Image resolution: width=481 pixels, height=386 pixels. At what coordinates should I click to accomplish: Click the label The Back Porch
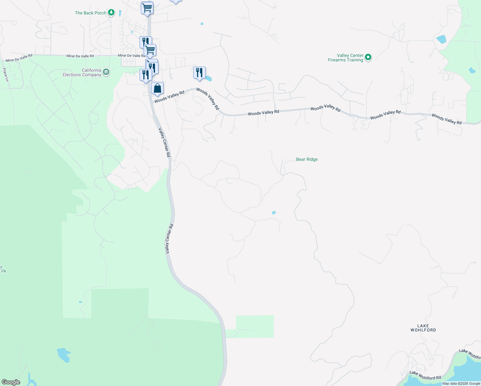click(x=90, y=13)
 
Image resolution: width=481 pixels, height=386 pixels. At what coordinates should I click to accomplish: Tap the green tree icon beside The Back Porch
click(x=111, y=13)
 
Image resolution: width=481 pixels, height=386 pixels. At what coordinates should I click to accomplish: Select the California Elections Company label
click(x=82, y=72)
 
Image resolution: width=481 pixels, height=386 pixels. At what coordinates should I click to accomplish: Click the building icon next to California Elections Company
click(x=106, y=72)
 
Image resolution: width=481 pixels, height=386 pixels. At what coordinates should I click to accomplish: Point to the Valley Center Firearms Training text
click(x=346, y=58)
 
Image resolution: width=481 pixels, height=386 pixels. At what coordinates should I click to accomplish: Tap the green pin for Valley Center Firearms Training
click(x=368, y=58)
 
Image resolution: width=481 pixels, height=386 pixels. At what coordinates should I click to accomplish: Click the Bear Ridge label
click(x=307, y=159)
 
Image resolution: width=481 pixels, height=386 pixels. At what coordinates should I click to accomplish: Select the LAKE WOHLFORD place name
click(x=423, y=328)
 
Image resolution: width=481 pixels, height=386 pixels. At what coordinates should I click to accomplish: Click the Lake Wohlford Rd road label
click(x=425, y=375)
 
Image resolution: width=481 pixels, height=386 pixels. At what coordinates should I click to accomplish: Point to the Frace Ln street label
click(x=5, y=75)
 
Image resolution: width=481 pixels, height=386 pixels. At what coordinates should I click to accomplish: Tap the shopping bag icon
click(x=157, y=88)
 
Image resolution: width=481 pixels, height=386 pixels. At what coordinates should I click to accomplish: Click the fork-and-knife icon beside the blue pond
click(x=199, y=72)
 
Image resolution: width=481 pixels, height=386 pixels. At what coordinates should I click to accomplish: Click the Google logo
click(x=11, y=382)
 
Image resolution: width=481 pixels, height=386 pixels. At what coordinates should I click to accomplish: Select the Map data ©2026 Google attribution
click(x=461, y=383)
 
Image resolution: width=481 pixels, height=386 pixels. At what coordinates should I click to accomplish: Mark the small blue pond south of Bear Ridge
click(x=274, y=213)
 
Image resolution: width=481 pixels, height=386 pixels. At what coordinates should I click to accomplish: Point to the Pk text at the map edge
click(x=4, y=271)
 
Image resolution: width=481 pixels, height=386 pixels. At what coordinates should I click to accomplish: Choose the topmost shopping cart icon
click(x=147, y=7)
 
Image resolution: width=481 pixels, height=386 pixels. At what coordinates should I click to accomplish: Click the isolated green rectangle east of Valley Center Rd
click(x=255, y=326)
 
